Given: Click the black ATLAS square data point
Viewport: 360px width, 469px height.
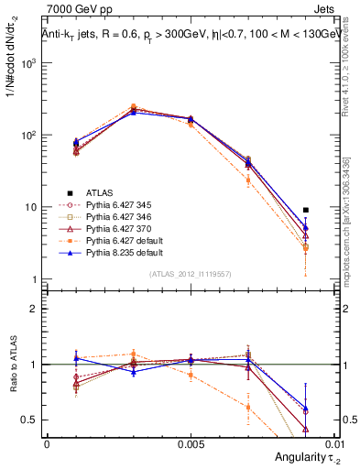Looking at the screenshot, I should tap(305, 210).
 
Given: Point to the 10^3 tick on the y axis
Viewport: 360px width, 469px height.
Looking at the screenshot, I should tap(28, 63).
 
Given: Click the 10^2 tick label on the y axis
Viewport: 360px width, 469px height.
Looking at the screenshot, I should tap(28, 136).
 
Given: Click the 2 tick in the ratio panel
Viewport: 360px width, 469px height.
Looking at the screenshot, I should tap(33, 309).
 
